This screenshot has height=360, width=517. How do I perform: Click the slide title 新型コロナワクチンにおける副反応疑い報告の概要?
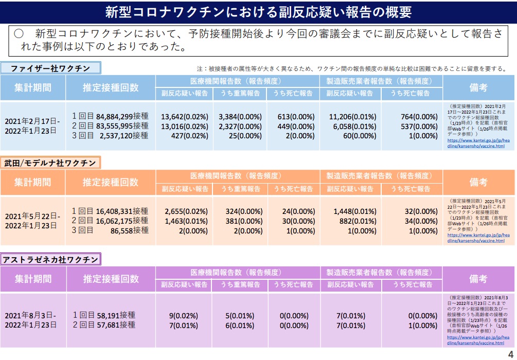click(258, 12)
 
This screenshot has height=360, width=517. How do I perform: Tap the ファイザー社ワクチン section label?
click(50, 68)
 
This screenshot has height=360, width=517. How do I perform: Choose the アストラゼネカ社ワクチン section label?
click(50, 259)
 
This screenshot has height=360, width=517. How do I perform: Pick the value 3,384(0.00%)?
click(240, 117)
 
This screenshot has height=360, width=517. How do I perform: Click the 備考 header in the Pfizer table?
click(478, 87)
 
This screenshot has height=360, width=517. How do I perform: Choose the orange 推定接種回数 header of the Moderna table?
click(111, 182)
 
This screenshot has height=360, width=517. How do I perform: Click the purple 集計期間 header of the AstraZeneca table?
click(33, 279)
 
